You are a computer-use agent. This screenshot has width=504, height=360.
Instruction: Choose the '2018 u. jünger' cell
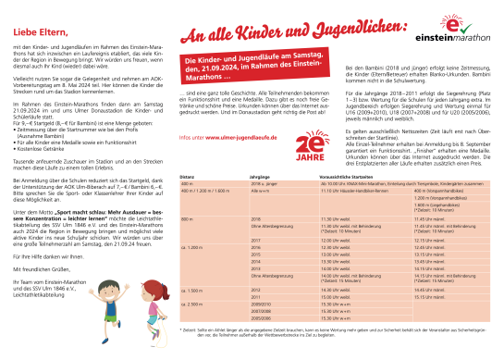(x=264, y=181)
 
